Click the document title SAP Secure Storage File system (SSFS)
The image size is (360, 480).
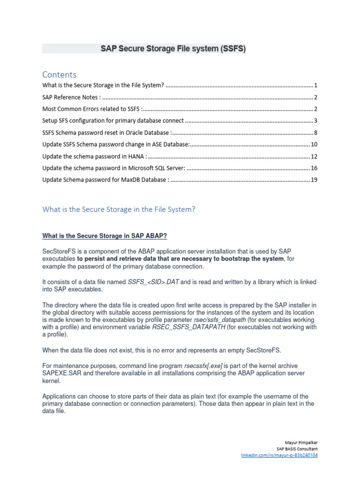(173, 49)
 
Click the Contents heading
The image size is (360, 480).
(59, 75)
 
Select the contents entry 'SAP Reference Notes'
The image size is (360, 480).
(71, 97)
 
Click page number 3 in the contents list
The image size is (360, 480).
(316, 121)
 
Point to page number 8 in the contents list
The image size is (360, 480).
(316, 133)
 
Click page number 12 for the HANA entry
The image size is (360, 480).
(314, 156)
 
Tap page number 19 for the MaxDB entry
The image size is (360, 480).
(314, 180)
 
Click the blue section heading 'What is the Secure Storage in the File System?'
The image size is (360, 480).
(119, 210)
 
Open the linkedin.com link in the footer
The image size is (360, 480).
(279, 455)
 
